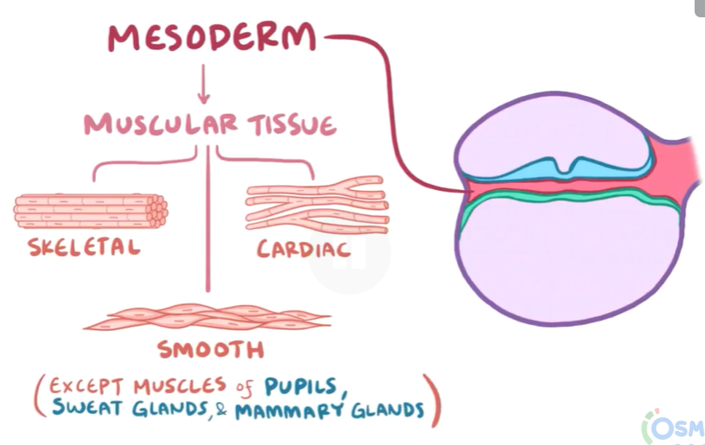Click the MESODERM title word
(x=212, y=37)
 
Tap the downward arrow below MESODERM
(x=205, y=86)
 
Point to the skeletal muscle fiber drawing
(x=91, y=210)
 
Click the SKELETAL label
(x=84, y=248)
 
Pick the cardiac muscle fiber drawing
(x=316, y=207)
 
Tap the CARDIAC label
(x=304, y=250)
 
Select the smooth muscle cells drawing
(x=208, y=317)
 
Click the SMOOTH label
(x=210, y=350)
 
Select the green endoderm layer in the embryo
(x=562, y=200)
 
